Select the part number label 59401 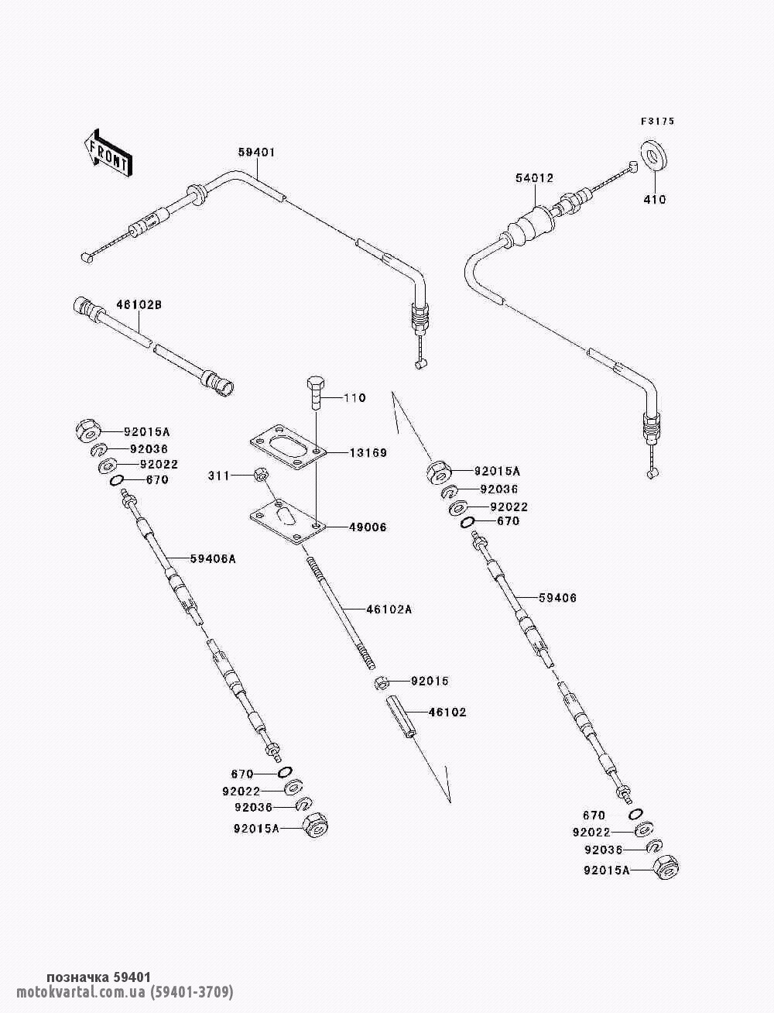click(x=256, y=152)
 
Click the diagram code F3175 click(x=657, y=122)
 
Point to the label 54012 click(x=534, y=177)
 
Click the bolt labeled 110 click(x=316, y=393)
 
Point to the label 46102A click(x=389, y=610)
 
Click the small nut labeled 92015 click(x=381, y=682)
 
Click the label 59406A click(x=213, y=558)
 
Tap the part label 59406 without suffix click(x=558, y=598)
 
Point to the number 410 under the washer click(x=655, y=199)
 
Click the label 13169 click(x=368, y=453)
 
